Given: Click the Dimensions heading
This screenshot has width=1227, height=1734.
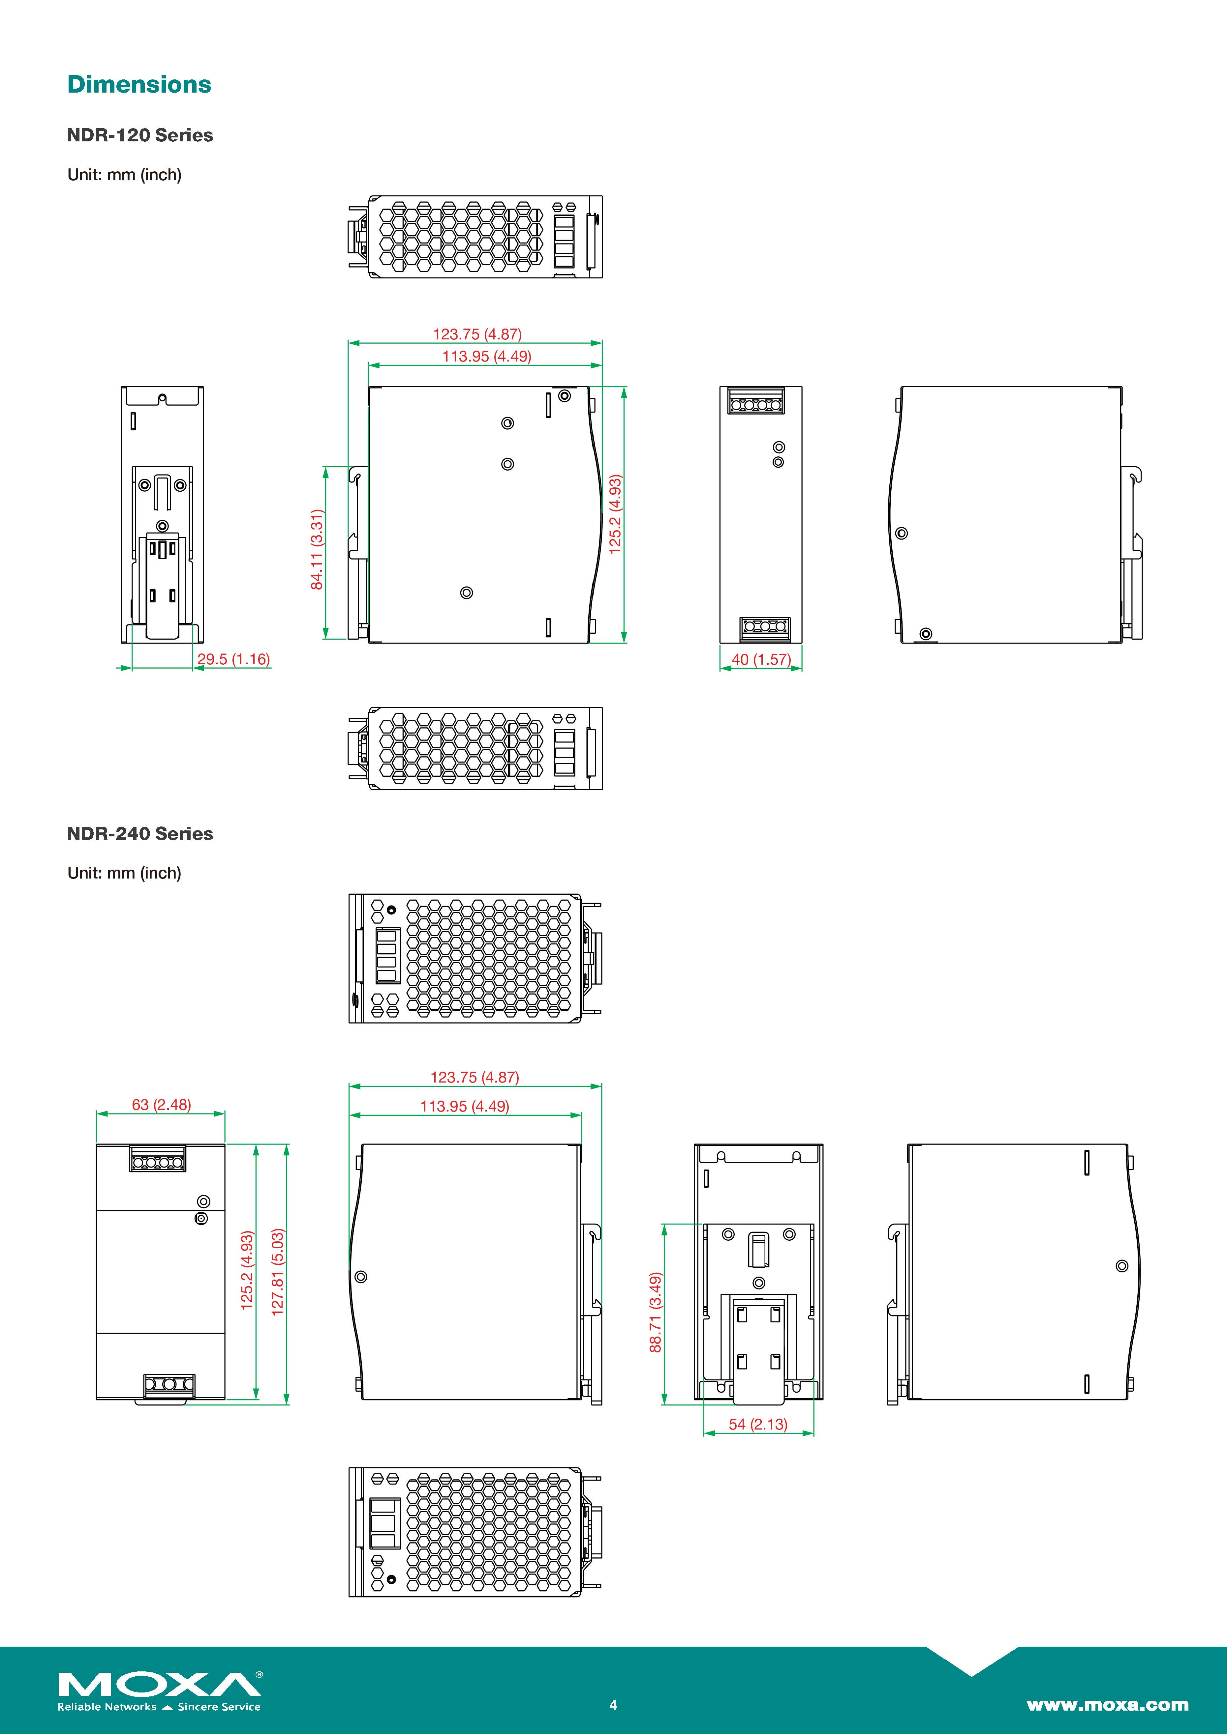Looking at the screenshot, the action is pyautogui.click(x=139, y=85).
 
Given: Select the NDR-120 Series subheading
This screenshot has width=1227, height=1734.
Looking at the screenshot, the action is pyautogui.click(x=140, y=135).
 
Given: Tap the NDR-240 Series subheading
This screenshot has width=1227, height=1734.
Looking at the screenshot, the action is pyautogui.click(x=140, y=834).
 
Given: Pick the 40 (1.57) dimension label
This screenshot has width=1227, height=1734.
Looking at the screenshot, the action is pyautogui.click(x=761, y=659).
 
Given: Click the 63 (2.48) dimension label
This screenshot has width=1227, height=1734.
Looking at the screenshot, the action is pyautogui.click(x=161, y=1104).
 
